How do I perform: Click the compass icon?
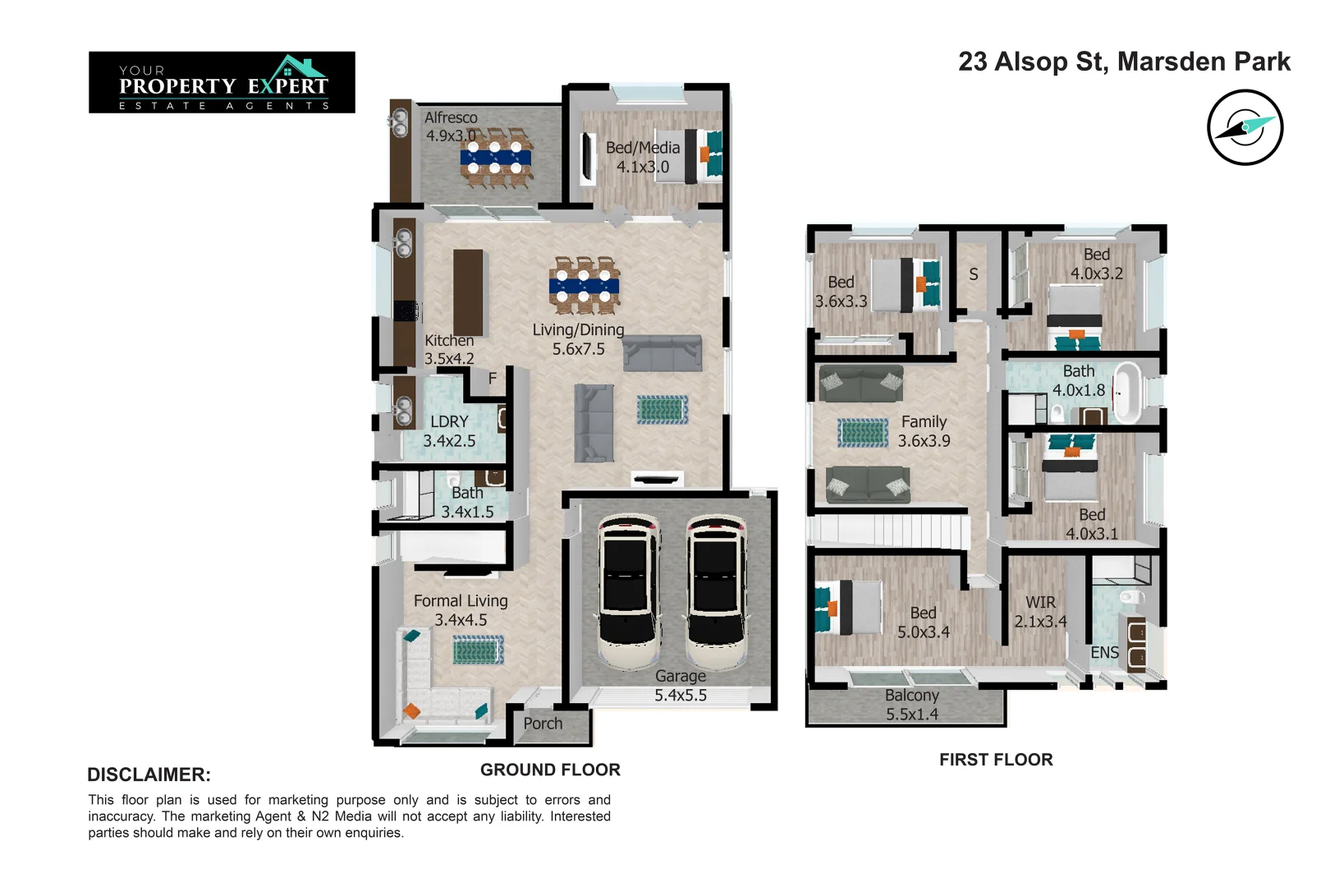pyautogui.click(x=1245, y=127)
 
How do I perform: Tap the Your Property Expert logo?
pyautogui.click(x=222, y=82)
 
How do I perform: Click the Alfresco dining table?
pyautogui.click(x=496, y=158)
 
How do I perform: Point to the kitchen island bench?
pyautogui.click(x=468, y=292)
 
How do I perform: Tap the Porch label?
pyautogui.click(x=543, y=724)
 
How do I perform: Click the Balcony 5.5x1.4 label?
pyautogui.click(x=911, y=705)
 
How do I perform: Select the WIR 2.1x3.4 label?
pyautogui.click(x=1040, y=612)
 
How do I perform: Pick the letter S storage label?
pyautogui.click(x=974, y=274)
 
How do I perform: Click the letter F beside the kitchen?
pyautogui.click(x=493, y=379)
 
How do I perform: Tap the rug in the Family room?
pyautogui.click(x=863, y=432)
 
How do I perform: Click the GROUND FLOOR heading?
pyautogui.click(x=550, y=770)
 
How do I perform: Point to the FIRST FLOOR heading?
pyautogui.click(x=996, y=760)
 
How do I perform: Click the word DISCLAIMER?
pyautogui.click(x=149, y=774)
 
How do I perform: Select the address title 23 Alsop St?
pyautogui.click(x=1124, y=62)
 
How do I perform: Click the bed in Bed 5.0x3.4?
pyautogui.click(x=848, y=608)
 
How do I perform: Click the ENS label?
pyautogui.click(x=1104, y=652)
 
